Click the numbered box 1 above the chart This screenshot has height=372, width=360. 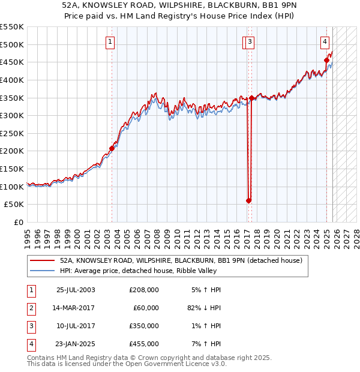(111, 41)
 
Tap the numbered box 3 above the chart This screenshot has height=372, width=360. (249, 41)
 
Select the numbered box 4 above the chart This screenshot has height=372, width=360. (325, 41)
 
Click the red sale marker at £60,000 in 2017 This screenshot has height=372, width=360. (248, 200)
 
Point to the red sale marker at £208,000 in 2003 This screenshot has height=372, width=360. (112, 148)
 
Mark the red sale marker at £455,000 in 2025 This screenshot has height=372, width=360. (327, 60)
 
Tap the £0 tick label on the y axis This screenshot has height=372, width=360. (18, 222)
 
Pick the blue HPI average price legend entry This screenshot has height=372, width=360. (159, 271)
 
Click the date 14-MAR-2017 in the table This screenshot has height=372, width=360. (75, 307)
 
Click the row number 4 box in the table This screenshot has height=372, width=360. (31, 344)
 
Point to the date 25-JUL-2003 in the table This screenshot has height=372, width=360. (75, 289)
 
